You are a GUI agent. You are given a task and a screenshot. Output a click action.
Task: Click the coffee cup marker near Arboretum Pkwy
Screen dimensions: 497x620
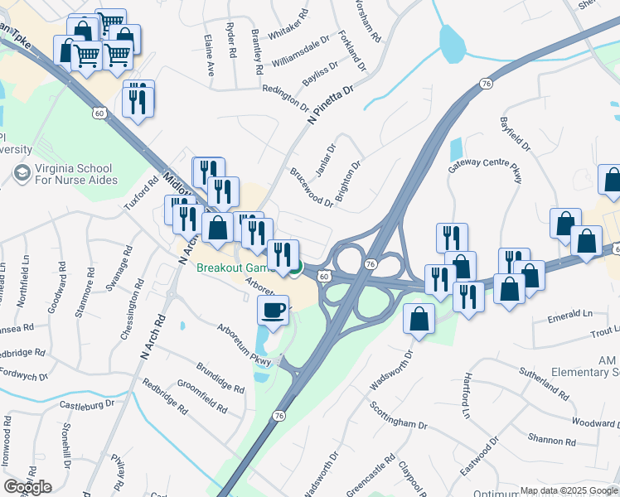click(x=273, y=311)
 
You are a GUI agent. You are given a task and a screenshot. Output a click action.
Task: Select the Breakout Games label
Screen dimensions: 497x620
click(x=235, y=268)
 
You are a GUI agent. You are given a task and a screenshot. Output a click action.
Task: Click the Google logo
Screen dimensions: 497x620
click(x=27, y=487)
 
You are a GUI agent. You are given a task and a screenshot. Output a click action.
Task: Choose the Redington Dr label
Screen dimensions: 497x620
click(x=285, y=96)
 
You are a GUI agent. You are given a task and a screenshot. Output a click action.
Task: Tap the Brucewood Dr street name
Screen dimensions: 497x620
click(x=312, y=188)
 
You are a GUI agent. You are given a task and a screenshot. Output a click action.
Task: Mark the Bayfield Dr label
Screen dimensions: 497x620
click(x=514, y=133)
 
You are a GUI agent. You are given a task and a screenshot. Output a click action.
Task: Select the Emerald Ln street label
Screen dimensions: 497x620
click(x=570, y=314)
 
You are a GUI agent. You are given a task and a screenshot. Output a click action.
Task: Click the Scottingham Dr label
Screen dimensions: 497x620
click(x=399, y=417)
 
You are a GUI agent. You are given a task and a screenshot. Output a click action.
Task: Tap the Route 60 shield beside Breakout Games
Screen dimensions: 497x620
click(x=323, y=276)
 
